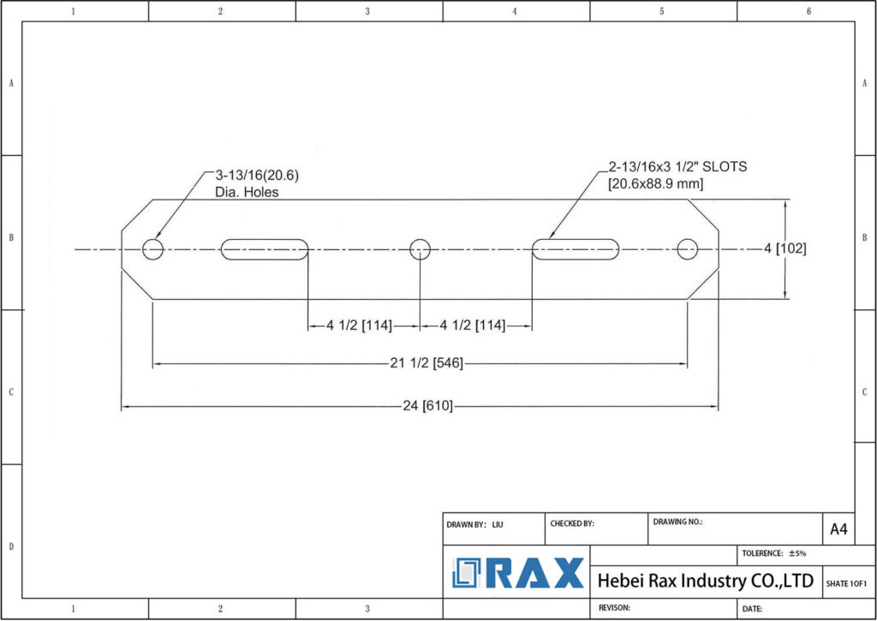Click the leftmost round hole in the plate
pyautogui.click(x=153, y=249)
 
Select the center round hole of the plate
pyautogui.click(x=420, y=249)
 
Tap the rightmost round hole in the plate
pyautogui.click(x=687, y=249)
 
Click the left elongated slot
pyautogui.click(x=265, y=249)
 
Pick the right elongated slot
pyautogui.click(x=576, y=249)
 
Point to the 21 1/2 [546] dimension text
pyautogui.click(x=427, y=363)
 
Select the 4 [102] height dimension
pyautogui.click(x=785, y=248)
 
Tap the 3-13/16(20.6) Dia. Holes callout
pyautogui.click(x=257, y=183)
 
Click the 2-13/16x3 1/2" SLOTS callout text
pyautogui.click(x=677, y=175)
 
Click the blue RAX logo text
pyautogui.click(x=519, y=573)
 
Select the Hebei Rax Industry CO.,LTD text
pyautogui.click(x=705, y=581)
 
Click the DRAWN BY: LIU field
pyautogui.click(x=474, y=523)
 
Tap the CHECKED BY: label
pyautogui.click(x=572, y=522)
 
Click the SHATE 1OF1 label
pyautogui.click(x=846, y=584)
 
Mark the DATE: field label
pyautogui.click(x=753, y=608)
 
